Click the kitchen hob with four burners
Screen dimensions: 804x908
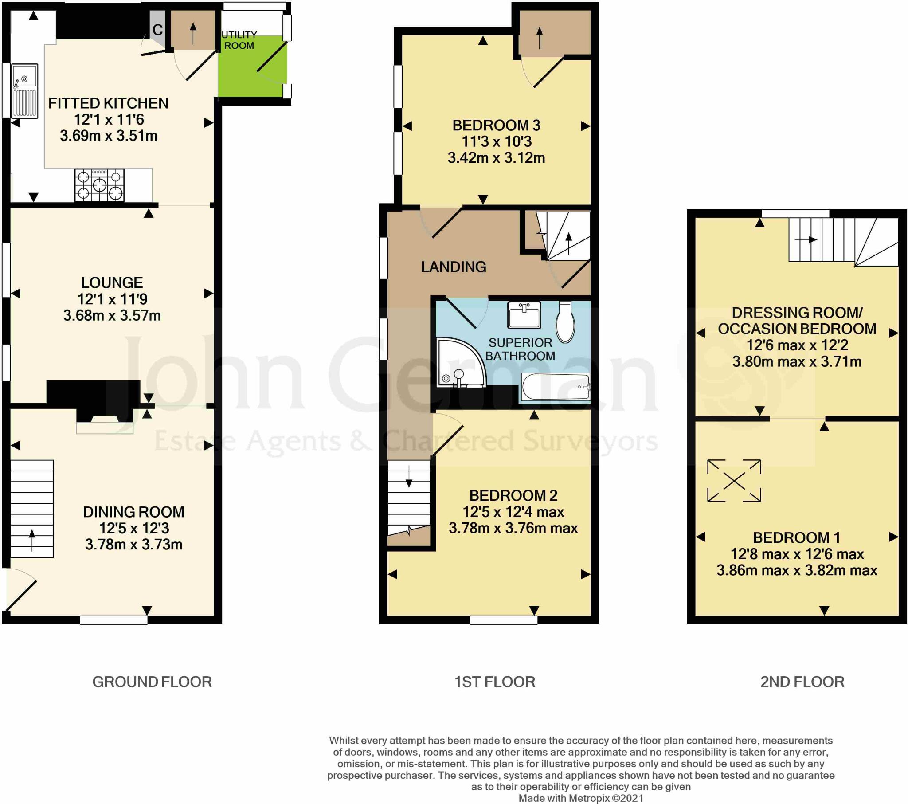coord(99,185)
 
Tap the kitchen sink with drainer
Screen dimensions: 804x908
coord(25,90)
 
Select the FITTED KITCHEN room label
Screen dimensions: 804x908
coord(108,104)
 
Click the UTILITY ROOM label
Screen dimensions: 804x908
coord(239,40)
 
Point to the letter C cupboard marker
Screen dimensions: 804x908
coord(157,30)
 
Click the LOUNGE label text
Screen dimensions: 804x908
coord(112,282)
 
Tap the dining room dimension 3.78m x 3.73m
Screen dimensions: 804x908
coord(134,545)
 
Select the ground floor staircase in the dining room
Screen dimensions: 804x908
coord(32,509)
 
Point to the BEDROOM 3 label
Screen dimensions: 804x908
coord(496,126)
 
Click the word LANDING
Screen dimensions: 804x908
coord(454,267)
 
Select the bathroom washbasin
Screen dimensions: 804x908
coord(524,315)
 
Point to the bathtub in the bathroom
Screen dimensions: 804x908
coord(555,387)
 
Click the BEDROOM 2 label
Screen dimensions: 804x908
coord(513,495)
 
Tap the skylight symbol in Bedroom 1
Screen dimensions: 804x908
coord(734,480)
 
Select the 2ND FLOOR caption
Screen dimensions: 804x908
coord(802,682)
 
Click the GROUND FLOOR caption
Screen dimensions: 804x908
coord(152,682)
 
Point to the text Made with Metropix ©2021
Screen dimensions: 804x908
coord(581,798)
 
